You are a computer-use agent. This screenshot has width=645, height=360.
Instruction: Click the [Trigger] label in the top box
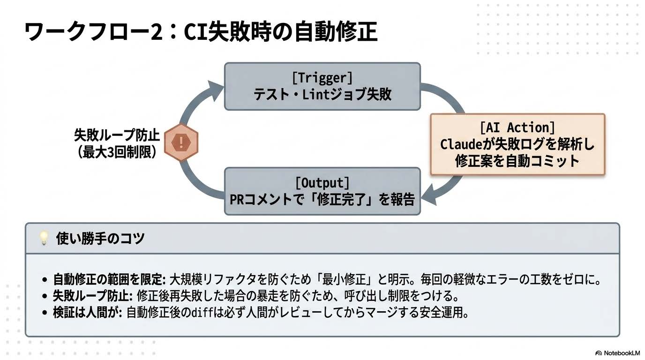click(322, 77)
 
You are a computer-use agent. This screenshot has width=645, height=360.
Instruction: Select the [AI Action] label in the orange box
click(517, 127)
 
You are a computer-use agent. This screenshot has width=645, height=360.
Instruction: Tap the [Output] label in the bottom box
click(322, 182)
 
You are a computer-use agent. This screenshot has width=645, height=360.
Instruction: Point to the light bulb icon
click(44, 239)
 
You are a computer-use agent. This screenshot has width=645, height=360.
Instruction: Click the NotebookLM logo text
click(621, 353)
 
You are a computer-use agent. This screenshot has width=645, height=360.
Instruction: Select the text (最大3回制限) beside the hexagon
click(117, 152)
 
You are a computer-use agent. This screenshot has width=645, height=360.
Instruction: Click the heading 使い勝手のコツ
click(100, 239)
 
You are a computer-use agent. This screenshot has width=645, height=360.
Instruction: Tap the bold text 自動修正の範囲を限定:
click(110, 280)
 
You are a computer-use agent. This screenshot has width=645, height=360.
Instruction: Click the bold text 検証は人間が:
click(88, 313)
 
